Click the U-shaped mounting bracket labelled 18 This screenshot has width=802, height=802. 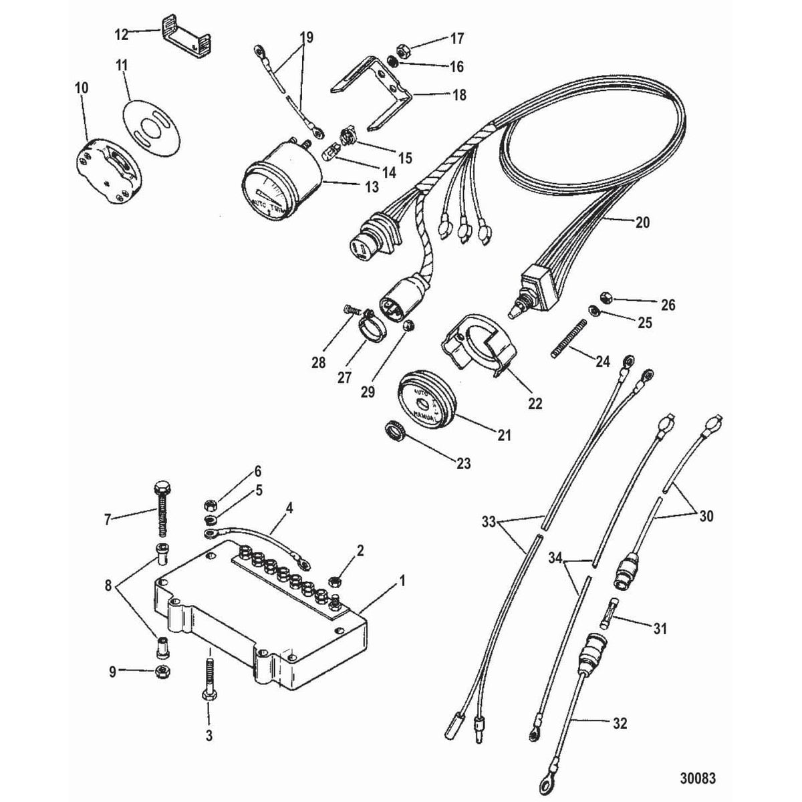pos(374,94)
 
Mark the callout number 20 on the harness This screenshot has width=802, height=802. pos(642,222)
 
